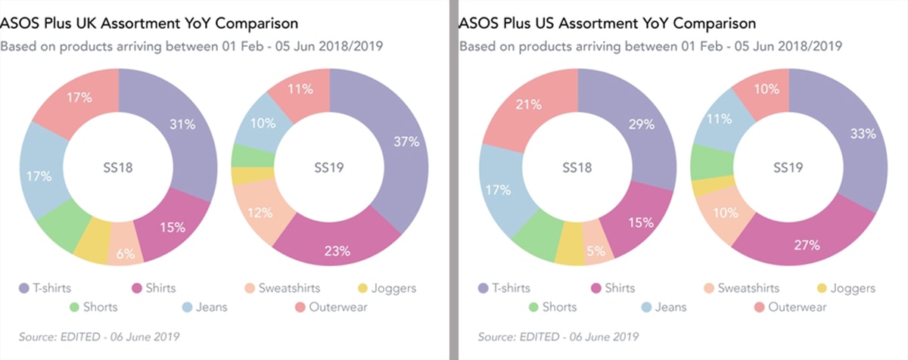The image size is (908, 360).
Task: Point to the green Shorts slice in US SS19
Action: (x=705, y=161)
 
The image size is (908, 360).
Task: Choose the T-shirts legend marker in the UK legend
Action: (x=25, y=288)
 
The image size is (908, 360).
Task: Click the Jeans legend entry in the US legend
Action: (x=664, y=307)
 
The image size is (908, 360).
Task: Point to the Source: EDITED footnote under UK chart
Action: (x=99, y=335)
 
